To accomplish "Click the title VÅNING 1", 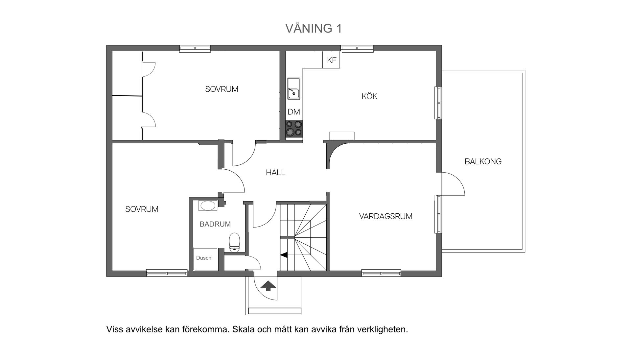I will tap(314, 29).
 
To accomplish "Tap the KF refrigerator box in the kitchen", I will tap(331, 60).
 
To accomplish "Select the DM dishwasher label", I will tap(294, 112).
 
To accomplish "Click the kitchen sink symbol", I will tap(293, 88).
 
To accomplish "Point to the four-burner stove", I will tap(294, 128).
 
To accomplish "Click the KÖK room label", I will tap(369, 96).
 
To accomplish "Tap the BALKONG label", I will tap(483, 161).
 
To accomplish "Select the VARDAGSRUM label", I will tap(386, 216).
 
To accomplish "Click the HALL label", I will tap(275, 173).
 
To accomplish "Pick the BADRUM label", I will tap(215, 224).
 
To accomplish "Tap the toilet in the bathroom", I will tap(235, 242).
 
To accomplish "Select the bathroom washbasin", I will tap(208, 206).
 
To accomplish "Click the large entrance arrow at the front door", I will tap(268, 286).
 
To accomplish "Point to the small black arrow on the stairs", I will tap(284, 254).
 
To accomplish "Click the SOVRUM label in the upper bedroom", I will tap(222, 89).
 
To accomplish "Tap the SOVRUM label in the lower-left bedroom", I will tap(142, 209).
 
